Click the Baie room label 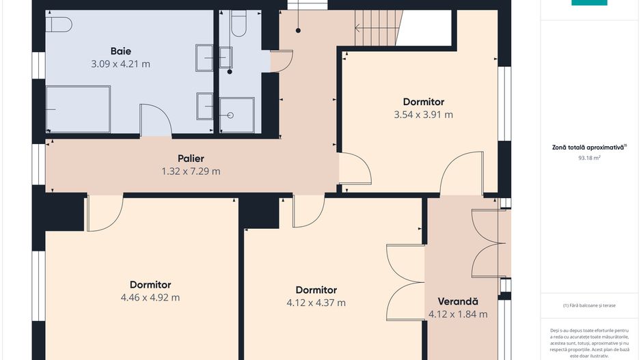[120, 51]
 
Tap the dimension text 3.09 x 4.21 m [120, 64]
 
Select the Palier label [191, 158]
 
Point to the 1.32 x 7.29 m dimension [191, 171]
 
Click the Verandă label [458, 301]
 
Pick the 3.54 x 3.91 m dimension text [424, 115]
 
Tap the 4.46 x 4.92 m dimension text [150, 297]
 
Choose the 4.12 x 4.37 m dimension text [316, 303]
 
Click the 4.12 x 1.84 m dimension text [458, 314]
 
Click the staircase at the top [379, 28]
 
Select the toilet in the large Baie [59, 25]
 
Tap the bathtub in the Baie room [78, 109]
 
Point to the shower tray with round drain [237, 115]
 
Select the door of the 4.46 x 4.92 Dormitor [105, 213]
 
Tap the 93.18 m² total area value [589, 158]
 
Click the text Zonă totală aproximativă [588, 148]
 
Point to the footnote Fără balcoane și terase [589, 305]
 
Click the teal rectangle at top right [589, 3]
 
